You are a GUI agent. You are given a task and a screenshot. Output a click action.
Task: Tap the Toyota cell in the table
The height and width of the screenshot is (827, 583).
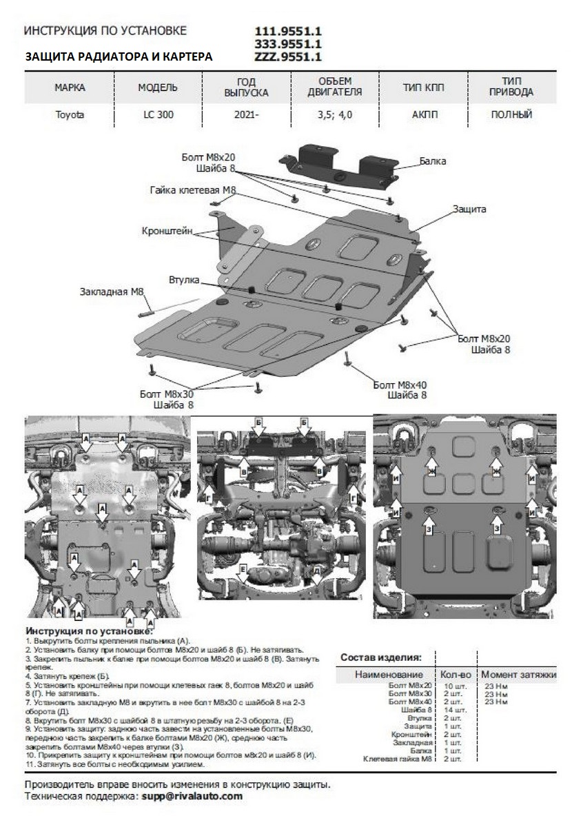[70, 115]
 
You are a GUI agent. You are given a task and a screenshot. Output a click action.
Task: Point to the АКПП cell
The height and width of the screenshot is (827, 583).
[424, 115]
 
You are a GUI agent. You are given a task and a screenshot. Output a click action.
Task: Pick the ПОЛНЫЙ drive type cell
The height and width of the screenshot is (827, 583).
[511, 115]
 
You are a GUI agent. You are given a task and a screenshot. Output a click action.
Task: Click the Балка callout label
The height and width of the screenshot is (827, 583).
[433, 161]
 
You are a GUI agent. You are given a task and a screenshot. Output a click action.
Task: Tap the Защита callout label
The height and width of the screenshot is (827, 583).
[470, 208]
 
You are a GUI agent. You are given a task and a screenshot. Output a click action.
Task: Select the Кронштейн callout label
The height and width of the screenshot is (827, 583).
[168, 230]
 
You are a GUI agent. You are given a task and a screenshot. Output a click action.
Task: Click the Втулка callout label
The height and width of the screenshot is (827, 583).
[183, 280]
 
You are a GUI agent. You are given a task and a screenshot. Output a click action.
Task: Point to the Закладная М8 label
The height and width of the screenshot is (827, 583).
[111, 292]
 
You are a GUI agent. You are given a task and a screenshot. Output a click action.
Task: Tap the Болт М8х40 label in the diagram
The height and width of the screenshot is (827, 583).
[400, 385]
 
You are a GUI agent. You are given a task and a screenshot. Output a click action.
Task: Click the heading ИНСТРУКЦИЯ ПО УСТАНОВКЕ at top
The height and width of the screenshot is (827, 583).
[105, 32]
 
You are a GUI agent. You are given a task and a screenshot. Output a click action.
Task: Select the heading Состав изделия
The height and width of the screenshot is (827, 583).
[381, 658]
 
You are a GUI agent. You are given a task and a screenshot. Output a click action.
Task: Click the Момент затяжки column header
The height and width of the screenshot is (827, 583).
[518, 675]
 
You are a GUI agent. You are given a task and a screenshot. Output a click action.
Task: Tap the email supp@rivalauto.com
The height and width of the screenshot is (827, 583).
[192, 795]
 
